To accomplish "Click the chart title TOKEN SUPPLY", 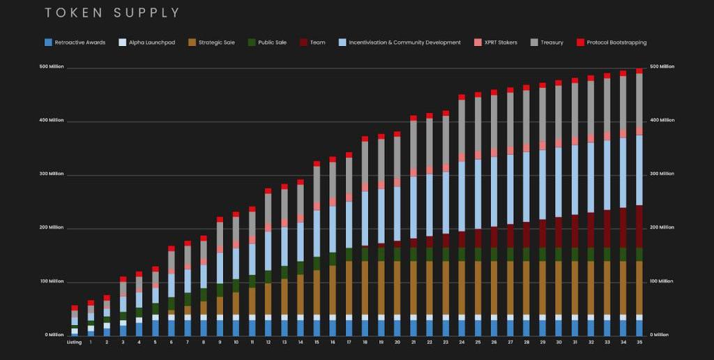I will (x=112, y=13).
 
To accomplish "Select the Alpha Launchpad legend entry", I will (x=149, y=43).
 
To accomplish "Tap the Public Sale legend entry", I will (x=271, y=43).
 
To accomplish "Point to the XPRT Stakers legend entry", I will (x=501, y=43).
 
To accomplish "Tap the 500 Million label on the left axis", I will (x=52, y=67).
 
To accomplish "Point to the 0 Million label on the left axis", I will (x=54, y=335).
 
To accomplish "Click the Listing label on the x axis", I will (x=75, y=343).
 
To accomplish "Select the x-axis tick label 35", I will (x=639, y=343).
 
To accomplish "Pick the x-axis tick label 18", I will (x=365, y=343).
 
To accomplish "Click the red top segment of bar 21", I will (x=413, y=119).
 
